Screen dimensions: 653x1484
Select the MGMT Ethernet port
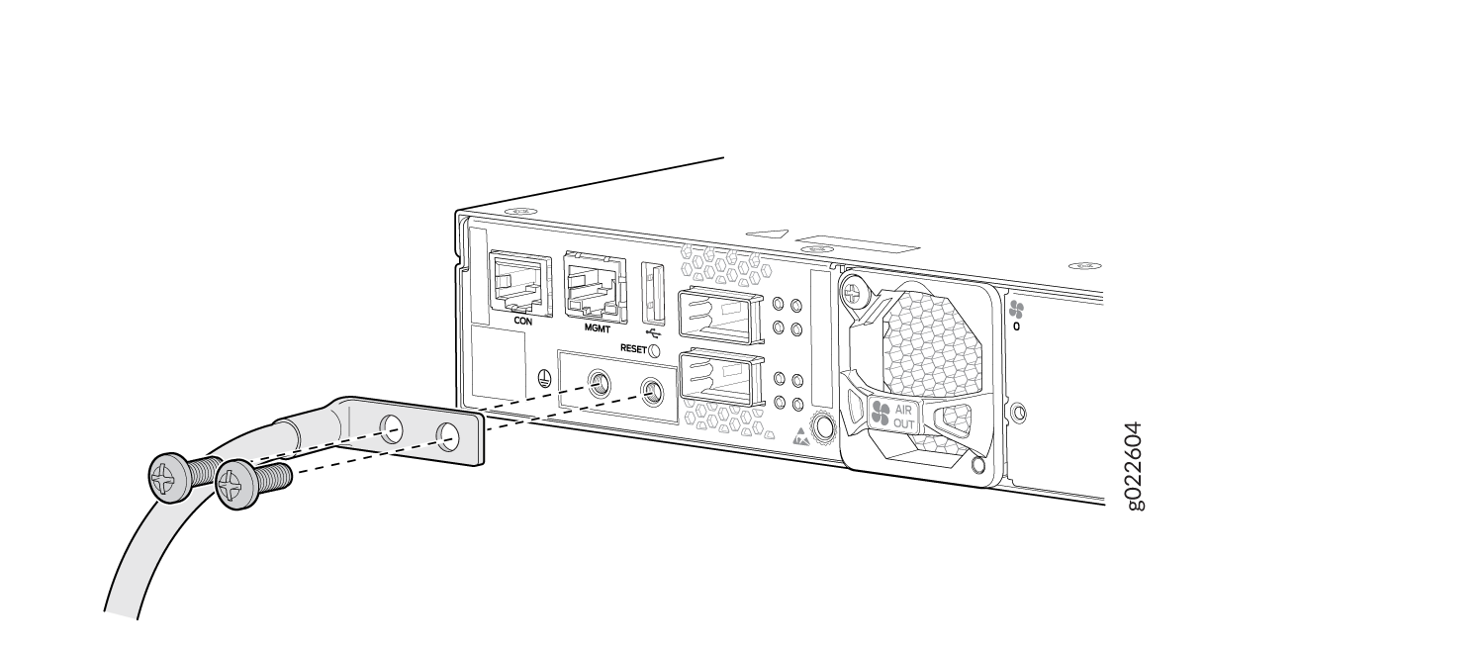(595, 286)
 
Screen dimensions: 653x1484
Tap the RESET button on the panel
(654, 349)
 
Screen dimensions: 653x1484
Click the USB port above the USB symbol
(653, 291)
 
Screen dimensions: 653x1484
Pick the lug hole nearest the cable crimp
(393, 428)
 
